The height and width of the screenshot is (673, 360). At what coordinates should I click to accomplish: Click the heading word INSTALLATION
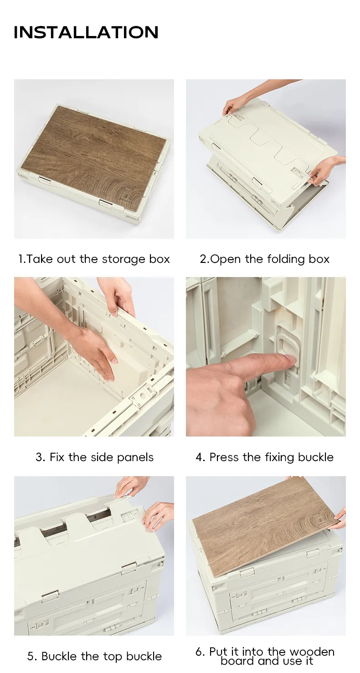[86, 32]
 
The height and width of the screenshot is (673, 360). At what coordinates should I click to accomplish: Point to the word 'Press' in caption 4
[225, 457]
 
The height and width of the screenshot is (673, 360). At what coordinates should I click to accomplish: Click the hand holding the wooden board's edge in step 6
[339, 516]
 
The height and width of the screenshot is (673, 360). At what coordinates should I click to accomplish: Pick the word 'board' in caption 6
[237, 661]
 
